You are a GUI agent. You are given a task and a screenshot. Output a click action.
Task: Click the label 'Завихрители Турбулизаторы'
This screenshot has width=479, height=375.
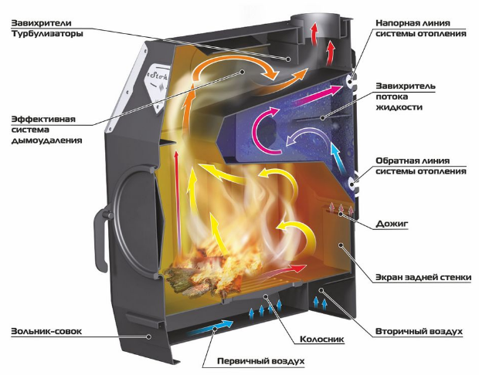(x=47, y=28)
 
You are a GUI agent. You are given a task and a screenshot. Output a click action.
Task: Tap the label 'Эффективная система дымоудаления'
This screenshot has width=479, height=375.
(x=46, y=130)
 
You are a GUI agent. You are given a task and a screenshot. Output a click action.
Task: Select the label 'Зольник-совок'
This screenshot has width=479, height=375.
(x=46, y=331)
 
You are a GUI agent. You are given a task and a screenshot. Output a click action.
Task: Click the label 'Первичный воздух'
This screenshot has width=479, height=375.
(x=261, y=361)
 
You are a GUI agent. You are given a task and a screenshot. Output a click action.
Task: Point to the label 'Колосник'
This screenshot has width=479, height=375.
(x=321, y=340)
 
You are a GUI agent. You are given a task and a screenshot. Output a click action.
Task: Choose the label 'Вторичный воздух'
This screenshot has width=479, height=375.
(x=419, y=331)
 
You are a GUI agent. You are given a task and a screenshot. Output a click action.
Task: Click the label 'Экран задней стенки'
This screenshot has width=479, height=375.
(x=423, y=278)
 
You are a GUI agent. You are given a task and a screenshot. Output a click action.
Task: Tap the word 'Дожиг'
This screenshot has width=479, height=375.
(x=392, y=224)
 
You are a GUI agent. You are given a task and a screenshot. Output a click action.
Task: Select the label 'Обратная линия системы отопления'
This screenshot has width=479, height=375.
(x=421, y=166)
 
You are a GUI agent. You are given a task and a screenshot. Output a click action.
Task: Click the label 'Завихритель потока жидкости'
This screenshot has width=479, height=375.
(x=406, y=96)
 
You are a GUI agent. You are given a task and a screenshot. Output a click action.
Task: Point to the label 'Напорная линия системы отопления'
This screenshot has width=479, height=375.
(x=421, y=28)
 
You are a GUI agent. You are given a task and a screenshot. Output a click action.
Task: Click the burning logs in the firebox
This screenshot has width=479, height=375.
(x=202, y=275)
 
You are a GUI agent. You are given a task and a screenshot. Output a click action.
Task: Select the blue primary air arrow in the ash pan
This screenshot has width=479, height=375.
(x=211, y=327)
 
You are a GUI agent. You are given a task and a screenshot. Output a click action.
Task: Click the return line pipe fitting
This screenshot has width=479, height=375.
(x=352, y=184)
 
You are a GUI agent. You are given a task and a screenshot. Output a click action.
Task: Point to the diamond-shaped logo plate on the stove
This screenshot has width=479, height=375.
(x=157, y=87)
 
